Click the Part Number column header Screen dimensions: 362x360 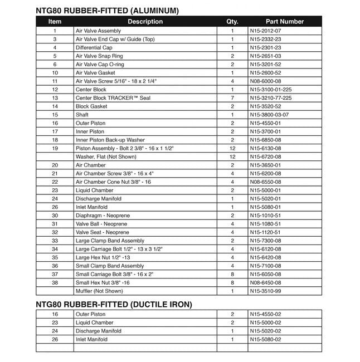pos(285,22)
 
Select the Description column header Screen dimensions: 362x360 pos(145,22)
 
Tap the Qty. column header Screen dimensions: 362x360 pos(232,22)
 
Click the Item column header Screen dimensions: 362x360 pos(55,22)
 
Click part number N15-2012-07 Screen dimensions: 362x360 pos(266,31)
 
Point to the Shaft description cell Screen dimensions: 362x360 pos(82,115)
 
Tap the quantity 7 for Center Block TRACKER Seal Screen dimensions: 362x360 pos(232,98)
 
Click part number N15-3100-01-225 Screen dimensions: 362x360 pos(271,90)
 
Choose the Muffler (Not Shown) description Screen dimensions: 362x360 pos(99,291)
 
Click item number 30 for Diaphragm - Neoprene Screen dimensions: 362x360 pos(55,216)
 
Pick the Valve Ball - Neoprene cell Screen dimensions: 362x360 pos(101,224)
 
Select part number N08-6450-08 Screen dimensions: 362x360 pos(266,282)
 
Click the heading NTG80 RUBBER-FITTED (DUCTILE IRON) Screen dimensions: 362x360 pos(114,304)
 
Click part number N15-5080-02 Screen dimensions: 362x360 pos(266,339)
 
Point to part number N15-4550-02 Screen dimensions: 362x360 pos(266,314)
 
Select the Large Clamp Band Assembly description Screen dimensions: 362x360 pos(110,241)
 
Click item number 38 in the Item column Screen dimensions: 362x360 pos(55,282)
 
